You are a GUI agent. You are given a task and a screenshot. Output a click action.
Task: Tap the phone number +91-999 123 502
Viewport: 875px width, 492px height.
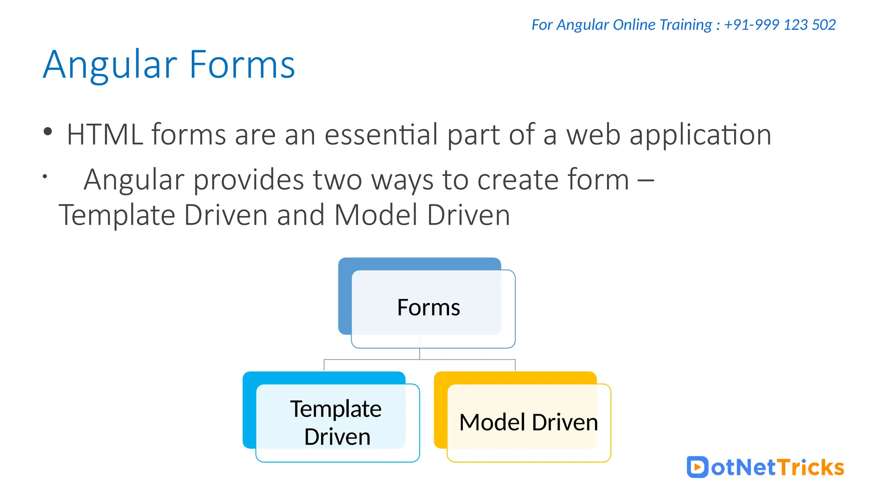(x=780, y=25)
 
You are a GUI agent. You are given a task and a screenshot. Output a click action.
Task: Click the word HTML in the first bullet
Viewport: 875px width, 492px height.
(x=104, y=135)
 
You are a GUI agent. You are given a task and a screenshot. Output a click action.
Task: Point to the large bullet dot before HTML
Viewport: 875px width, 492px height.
(x=47, y=132)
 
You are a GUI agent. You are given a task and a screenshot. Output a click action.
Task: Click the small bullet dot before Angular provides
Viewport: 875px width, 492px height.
(x=44, y=176)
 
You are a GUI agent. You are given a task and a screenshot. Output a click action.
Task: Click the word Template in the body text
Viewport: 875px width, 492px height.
(x=117, y=215)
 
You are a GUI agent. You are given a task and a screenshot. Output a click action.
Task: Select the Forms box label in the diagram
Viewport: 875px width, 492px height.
(x=428, y=307)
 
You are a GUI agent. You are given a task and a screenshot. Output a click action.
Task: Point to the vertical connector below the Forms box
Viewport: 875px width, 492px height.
(x=420, y=353)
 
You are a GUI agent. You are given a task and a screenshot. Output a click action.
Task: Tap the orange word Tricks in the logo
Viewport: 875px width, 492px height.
(x=810, y=467)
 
